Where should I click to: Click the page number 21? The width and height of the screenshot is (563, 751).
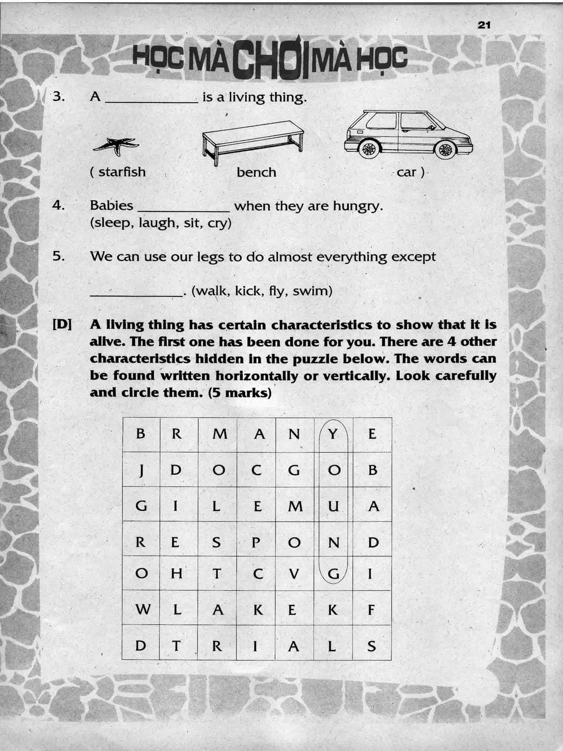point(484,25)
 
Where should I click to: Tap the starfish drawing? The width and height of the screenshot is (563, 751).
point(116,145)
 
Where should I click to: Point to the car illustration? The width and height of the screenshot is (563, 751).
point(408,134)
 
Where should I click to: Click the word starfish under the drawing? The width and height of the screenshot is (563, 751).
point(122,172)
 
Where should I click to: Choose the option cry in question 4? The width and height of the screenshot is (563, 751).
point(218,223)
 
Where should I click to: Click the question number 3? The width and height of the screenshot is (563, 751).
point(59,96)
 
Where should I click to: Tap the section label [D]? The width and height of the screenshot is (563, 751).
point(62,325)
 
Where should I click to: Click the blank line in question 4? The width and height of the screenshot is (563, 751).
point(183,209)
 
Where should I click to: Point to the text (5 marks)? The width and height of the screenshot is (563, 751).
point(240,392)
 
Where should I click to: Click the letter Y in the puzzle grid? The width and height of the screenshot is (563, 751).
point(333,434)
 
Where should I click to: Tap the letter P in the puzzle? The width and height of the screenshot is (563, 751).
point(256,542)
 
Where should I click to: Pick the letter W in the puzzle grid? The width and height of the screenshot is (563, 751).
point(143,609)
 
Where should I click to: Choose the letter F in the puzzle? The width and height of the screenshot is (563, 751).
point(371,609)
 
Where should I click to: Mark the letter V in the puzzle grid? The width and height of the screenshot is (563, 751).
point(294,574)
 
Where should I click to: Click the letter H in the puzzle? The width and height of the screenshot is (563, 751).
point(176,574)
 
